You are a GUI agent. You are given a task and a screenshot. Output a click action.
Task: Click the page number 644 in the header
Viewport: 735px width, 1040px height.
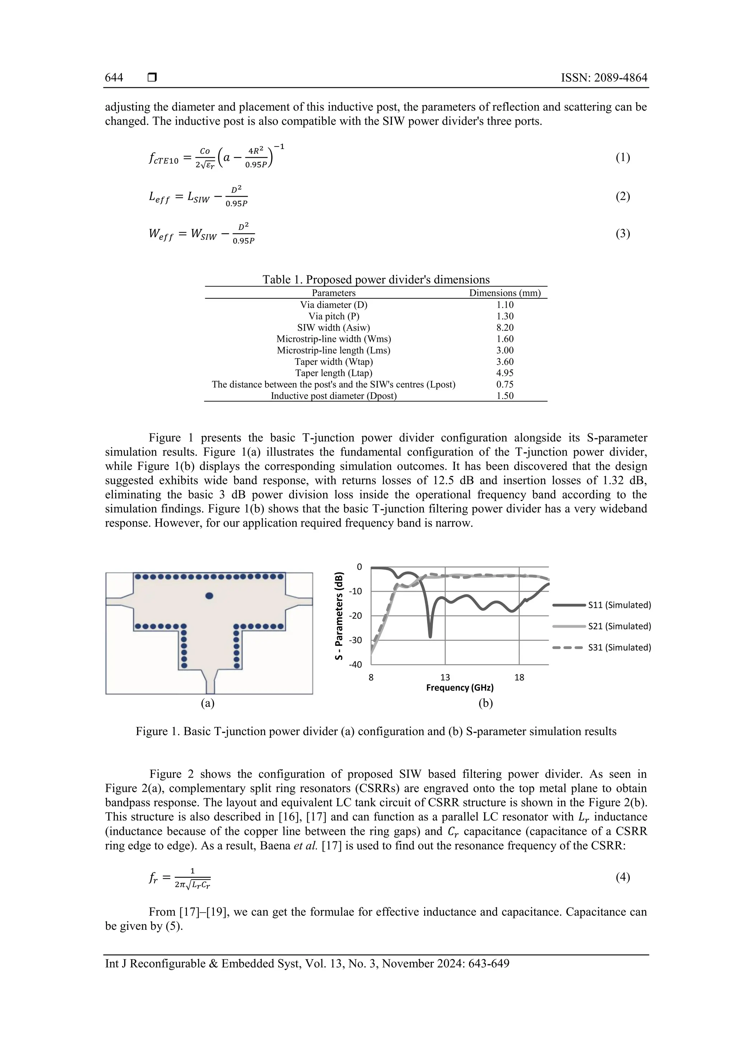[114, 78]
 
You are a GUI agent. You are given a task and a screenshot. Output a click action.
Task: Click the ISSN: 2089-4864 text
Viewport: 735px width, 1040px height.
[604, 78]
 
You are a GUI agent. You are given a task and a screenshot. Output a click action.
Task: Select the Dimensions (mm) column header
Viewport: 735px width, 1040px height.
[505, 293]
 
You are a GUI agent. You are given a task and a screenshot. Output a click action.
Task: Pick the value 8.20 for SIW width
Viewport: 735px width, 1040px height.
[505, 327]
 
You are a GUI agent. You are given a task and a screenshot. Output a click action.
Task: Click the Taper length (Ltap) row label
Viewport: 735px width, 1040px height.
[333, 373]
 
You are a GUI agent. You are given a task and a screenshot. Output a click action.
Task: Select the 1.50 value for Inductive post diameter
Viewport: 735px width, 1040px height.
[505, 396]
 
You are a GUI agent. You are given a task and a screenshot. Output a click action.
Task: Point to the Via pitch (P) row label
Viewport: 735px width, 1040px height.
[333, 316]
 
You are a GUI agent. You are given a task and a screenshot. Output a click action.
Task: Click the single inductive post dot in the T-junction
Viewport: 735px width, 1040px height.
[209, 596]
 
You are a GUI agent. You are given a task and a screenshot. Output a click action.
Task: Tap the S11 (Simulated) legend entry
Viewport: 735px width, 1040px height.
[619, 605]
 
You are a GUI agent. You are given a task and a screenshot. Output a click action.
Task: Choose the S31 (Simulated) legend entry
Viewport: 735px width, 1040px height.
[619, 647]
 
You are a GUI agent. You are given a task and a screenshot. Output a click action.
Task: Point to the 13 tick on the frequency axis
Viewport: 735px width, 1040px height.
[445, 677]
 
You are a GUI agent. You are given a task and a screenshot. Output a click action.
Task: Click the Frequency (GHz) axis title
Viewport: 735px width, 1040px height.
[460, 687]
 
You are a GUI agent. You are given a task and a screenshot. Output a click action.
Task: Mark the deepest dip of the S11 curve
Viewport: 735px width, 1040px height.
[430, 636]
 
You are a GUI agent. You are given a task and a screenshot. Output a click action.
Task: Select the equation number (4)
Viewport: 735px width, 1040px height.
[623, 877]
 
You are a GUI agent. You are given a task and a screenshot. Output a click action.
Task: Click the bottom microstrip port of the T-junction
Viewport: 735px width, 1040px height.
[210, 686]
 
